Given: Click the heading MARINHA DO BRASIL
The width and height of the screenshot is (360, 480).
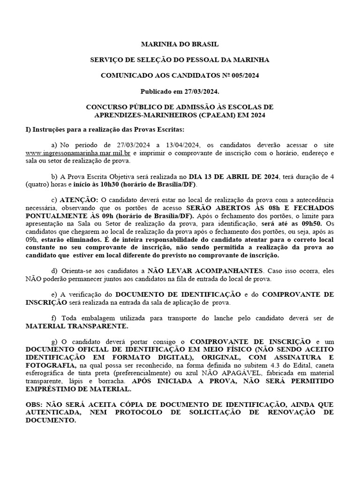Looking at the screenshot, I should pyautogui.click(x=180, y=44).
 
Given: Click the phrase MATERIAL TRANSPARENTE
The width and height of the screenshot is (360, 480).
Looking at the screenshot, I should pyautogui.click(x=77, y=326).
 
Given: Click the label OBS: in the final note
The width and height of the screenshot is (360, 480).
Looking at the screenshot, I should pyautogui.click(x=35, y=405).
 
